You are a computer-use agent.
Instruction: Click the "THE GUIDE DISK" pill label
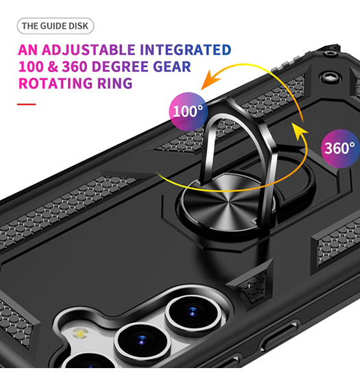[56, 26]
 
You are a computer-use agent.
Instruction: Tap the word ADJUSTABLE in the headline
[88, 50]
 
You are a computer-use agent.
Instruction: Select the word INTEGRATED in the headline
[185, 50]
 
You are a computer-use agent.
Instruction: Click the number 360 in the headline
[74, 66]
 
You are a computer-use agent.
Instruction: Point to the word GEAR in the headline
[172, 66]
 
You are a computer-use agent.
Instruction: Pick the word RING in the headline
[115, 83]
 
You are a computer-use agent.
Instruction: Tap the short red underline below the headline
[27, 104]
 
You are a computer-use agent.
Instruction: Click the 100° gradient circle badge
[189, 112]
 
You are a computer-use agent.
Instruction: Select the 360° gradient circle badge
[340, 148]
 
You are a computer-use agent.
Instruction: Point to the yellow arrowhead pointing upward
[300, 130]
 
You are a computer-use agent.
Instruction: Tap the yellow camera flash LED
[80, 333]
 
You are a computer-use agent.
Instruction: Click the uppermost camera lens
[193, 312]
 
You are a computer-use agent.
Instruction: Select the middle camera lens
[142, 340]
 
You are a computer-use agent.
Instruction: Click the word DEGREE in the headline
[120, 66]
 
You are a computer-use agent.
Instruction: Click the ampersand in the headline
[53, 66]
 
